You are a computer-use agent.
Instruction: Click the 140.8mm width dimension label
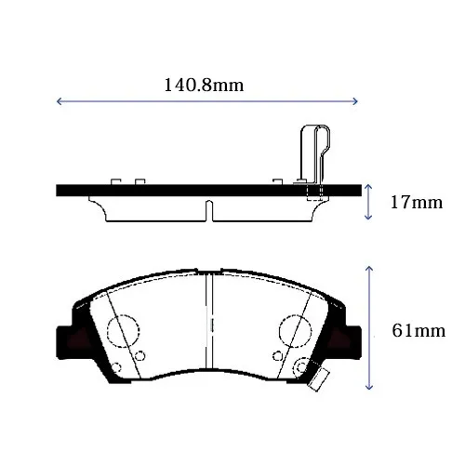pyautogui.click(x=204, y=86)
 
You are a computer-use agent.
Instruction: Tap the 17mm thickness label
pyautogui.click(x=417, y=203)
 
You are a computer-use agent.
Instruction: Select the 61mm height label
pyautogui.click(x=418, y=331)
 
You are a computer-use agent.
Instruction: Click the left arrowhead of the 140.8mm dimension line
pyautogui.click(x=59, y=101)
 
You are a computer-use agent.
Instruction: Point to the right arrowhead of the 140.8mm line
pyautogui.click(x=355, y=101)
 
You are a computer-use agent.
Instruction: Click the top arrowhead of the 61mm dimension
pyautogui.click(x=369, y=268)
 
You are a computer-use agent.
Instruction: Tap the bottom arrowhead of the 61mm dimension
pyautogui.click(x=369, y=387)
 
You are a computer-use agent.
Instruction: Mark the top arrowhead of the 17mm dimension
pyautogui.click(x=368, y=187)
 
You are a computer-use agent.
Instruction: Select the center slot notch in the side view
pyautogui.click(x=209, y=211)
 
